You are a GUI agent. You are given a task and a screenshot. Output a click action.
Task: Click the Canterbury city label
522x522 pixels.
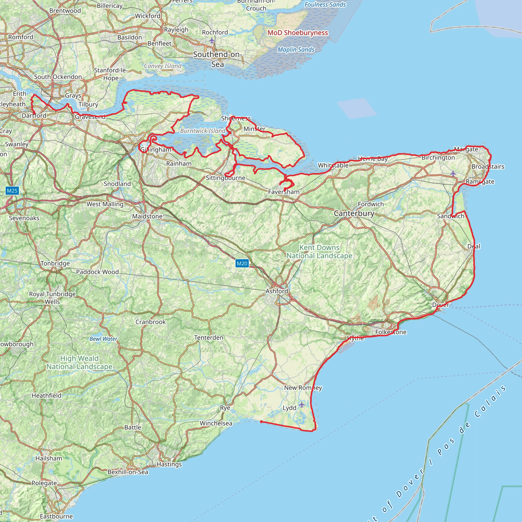click(354, 213)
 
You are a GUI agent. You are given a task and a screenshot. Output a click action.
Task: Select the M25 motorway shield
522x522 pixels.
click(12, 191)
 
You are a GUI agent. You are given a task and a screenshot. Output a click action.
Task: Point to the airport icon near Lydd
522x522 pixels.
click(302, 404)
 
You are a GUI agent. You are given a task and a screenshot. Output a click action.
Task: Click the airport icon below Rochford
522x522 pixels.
click(212, 41)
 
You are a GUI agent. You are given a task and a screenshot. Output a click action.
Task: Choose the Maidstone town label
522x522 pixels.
click(147, 216)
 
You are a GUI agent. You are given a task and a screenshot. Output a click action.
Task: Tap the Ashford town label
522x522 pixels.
click(277, 291)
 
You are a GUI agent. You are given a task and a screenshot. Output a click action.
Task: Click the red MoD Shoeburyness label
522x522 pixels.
click(297, 33)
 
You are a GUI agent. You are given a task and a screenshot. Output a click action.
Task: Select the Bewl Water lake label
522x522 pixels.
click(103, 339)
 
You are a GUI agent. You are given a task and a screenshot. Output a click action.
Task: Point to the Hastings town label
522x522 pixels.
click(169, 464)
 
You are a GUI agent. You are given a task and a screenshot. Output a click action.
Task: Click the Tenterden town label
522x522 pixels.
click(208, 337)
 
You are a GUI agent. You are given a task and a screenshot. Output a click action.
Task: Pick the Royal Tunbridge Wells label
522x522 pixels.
click(53, 298)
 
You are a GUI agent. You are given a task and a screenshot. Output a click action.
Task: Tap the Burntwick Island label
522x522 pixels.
click(203, 131)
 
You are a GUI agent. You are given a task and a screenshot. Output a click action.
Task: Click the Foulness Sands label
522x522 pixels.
click(325, 5)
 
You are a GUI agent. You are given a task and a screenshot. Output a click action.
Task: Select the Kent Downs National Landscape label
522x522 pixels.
click(319, 252)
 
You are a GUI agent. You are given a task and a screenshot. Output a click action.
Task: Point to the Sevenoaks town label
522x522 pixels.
click(24, 218)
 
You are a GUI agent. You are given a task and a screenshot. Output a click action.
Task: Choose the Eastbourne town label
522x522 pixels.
click(56, 516)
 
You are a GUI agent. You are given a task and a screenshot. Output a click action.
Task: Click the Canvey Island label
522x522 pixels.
click(163, 66)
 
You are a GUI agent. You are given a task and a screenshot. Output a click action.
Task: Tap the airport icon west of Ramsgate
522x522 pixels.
click(453, 173)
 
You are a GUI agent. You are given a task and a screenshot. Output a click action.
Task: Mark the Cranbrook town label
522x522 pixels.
click(150, 322)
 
